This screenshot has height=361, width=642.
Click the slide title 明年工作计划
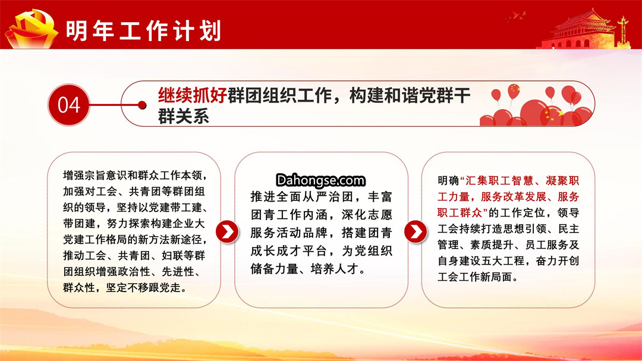[143, 30]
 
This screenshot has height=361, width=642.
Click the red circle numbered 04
[68, 105]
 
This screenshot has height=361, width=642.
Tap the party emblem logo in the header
[32, 29]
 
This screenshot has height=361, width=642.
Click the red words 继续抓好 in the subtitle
[193, 96]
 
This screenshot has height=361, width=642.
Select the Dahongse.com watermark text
[320, 180]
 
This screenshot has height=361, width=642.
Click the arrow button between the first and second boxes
[227, 231]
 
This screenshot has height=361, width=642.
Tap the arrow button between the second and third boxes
[415, 231]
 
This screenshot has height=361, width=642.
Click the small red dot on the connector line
[142, 105]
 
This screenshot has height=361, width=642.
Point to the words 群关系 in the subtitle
[184, 117]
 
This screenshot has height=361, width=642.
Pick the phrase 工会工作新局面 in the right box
[474, 277]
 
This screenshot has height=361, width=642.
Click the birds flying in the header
[517, 16]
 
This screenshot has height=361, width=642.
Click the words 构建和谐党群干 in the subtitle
[410, 96]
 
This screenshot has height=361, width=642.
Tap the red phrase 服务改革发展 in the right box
[514, 197]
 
